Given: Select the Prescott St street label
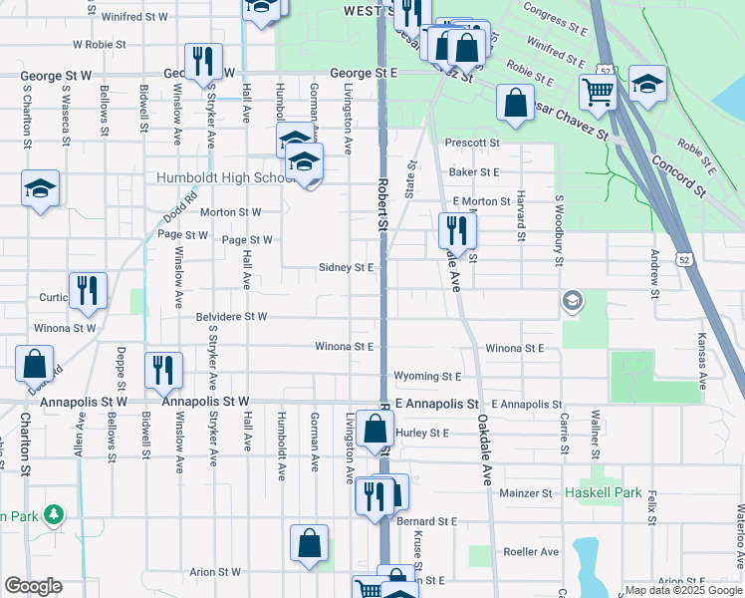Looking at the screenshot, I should (x=472, y=143).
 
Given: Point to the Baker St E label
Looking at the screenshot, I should (x=473, y=171).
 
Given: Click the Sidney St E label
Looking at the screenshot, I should (x=346, y=267).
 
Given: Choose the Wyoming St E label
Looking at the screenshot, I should (x=428, y=377).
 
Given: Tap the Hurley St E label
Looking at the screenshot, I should (x=423, y=433).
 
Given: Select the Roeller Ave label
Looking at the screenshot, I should (x=528, y=550).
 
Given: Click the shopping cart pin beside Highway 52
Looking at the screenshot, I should (x=597, y=92).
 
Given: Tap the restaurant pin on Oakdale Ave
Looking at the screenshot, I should (x=457, y=232).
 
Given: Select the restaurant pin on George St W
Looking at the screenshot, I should (x=201, y=62).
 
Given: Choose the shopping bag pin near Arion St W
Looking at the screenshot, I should (x=309, y=544).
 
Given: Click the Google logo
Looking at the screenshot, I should (x=33, y=586).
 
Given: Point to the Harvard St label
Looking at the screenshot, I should (x=521, y=218).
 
